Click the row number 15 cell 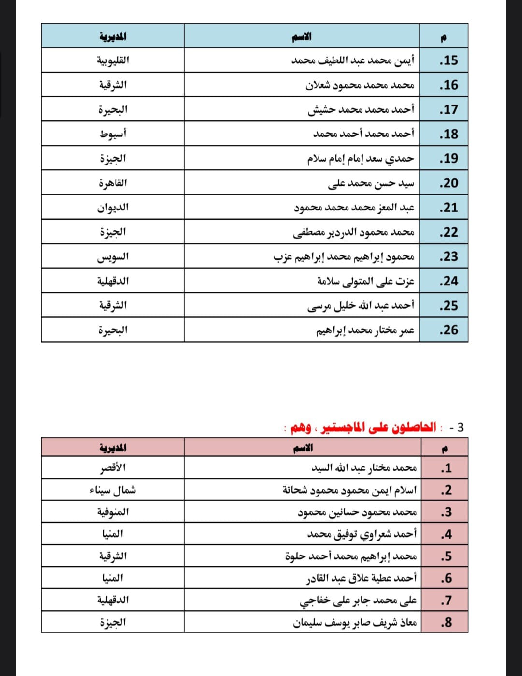(449, 60)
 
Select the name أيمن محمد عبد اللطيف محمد (353, 60)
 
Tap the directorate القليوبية (113, 60)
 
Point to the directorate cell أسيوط (113, 134)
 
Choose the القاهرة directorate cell (113, 183)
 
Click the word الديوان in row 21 (113, 208)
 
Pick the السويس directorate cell (113, 256)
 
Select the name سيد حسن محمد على (371, 183)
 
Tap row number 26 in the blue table (449, 330)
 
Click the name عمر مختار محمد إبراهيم (365, 330)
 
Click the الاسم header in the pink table (303, 448)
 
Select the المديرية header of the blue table (113, 36)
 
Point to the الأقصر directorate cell (113, 468)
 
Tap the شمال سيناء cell (113, 490)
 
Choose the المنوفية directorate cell (113, 511)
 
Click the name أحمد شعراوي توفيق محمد (362, 534)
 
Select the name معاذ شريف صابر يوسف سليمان (355, 622)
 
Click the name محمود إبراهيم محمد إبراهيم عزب (344, 256)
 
